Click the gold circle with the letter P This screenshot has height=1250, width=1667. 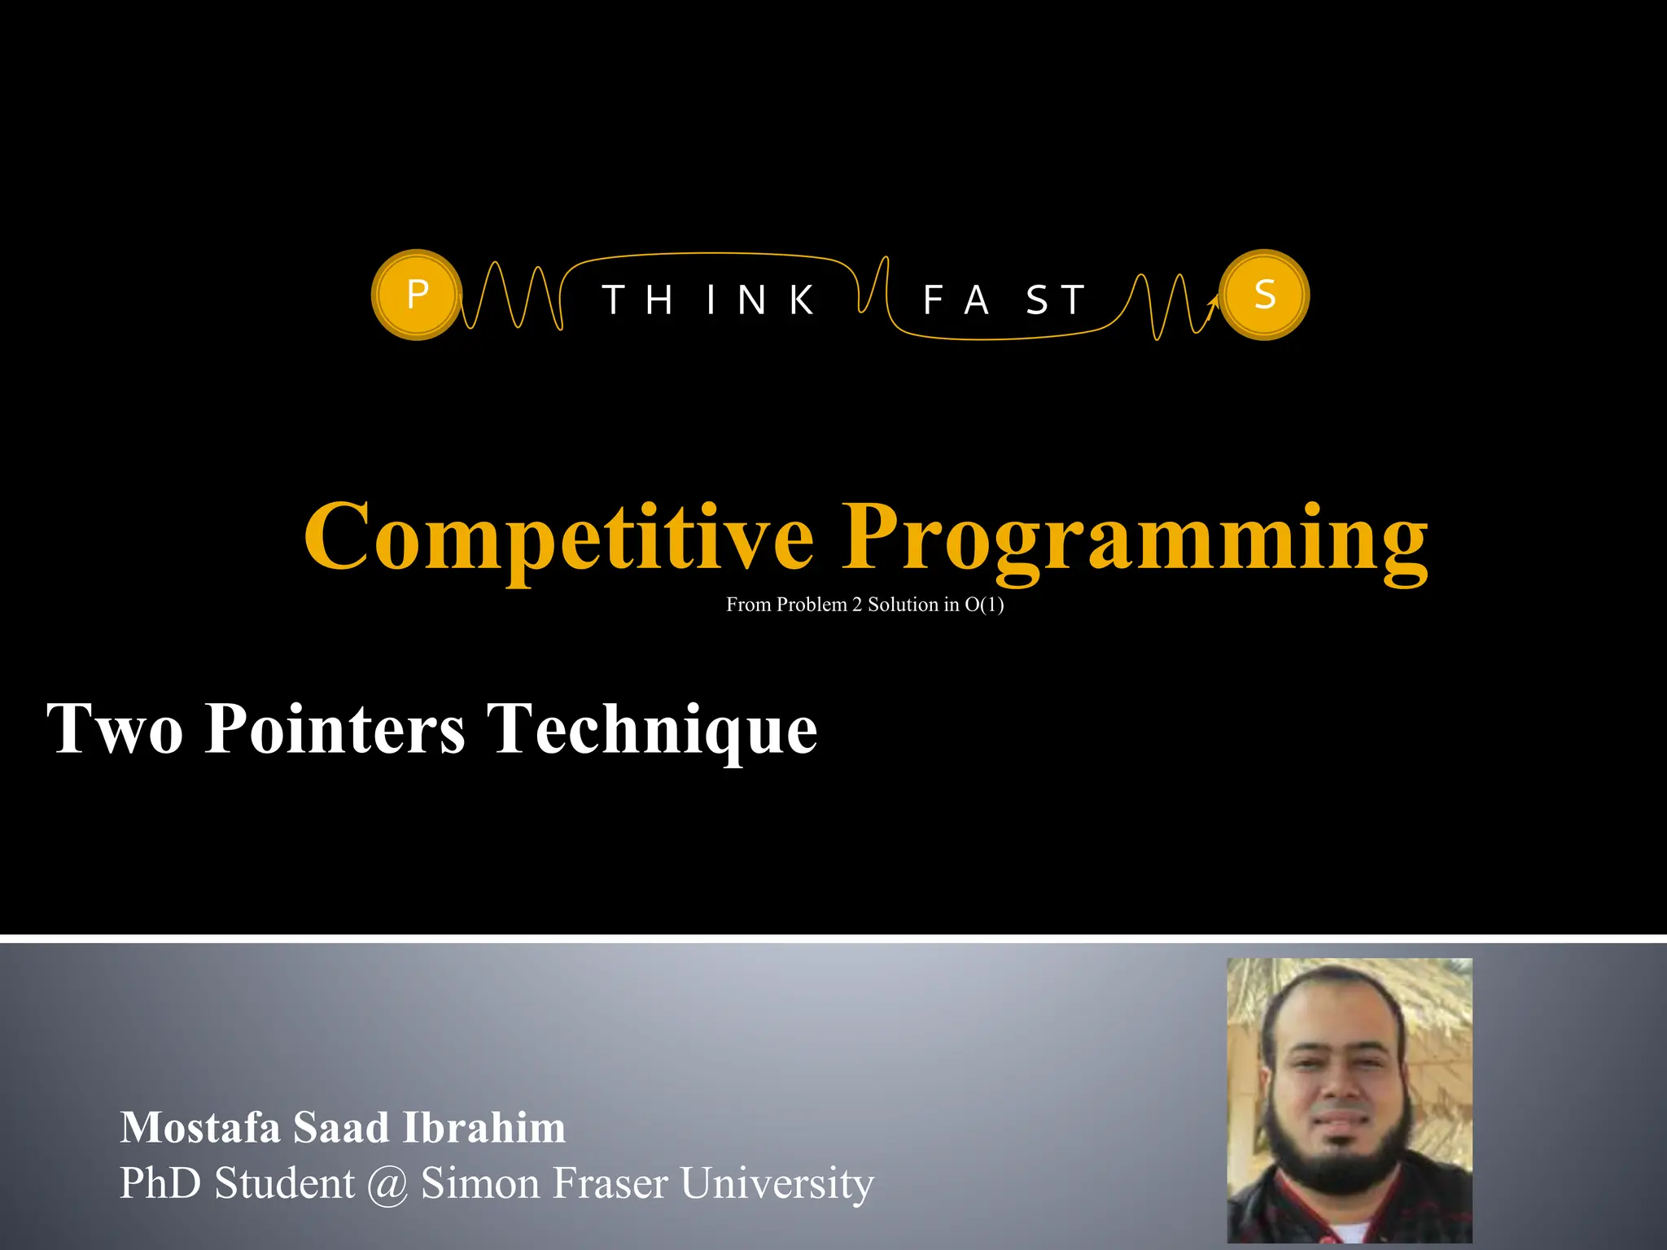417,295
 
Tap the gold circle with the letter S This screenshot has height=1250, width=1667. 1265,295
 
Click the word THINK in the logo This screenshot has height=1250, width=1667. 708,299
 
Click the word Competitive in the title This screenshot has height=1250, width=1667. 558,537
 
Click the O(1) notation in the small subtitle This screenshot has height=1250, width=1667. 984,605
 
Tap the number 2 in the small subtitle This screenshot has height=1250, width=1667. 857,605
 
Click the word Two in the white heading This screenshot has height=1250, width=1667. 115,728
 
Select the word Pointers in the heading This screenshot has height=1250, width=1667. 335,728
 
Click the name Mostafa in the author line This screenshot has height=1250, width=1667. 200,1128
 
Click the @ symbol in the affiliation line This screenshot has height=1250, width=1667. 387,1184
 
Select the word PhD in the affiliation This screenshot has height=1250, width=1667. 160,1183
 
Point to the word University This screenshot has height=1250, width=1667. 777,1184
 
